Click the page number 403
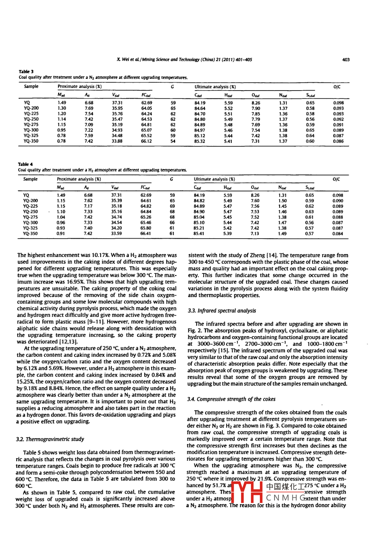coord(346,60)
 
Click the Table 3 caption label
coord(26,71)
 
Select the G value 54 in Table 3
coord(173,141)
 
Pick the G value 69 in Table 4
coord(172,206)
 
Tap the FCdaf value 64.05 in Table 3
coord(146,108)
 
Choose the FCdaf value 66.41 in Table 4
coord(146,234)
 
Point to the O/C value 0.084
coord(338,234)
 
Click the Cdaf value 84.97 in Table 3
coord(200,130)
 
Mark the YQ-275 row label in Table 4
coord(30,217)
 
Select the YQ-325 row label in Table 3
coord(31,136)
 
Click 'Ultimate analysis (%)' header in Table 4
coord(214,179)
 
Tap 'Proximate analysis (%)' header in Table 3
coord(80,87)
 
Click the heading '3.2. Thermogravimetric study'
coord(50,439)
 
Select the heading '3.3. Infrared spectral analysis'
coord(222,311)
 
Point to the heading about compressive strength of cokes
coord(231,399)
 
